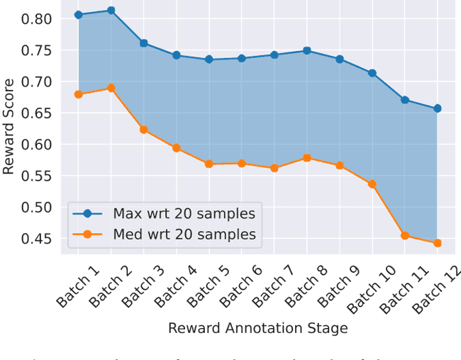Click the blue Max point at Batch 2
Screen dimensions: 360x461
(111, 11)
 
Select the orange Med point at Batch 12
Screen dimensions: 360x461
(437, 243)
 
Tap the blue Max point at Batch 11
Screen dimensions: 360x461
(404, 100)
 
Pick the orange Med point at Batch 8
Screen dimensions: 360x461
(306, 158)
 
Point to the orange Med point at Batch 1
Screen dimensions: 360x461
(78, 94)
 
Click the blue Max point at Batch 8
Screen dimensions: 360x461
(306, 50)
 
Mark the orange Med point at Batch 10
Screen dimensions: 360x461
(372, 184)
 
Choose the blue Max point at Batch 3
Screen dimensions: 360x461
(143, 43)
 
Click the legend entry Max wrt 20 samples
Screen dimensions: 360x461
(184, 213)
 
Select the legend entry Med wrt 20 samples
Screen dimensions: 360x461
(184, 234)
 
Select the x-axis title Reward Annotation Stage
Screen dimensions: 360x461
(257, 329)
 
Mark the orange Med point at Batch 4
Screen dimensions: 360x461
(176, 148)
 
